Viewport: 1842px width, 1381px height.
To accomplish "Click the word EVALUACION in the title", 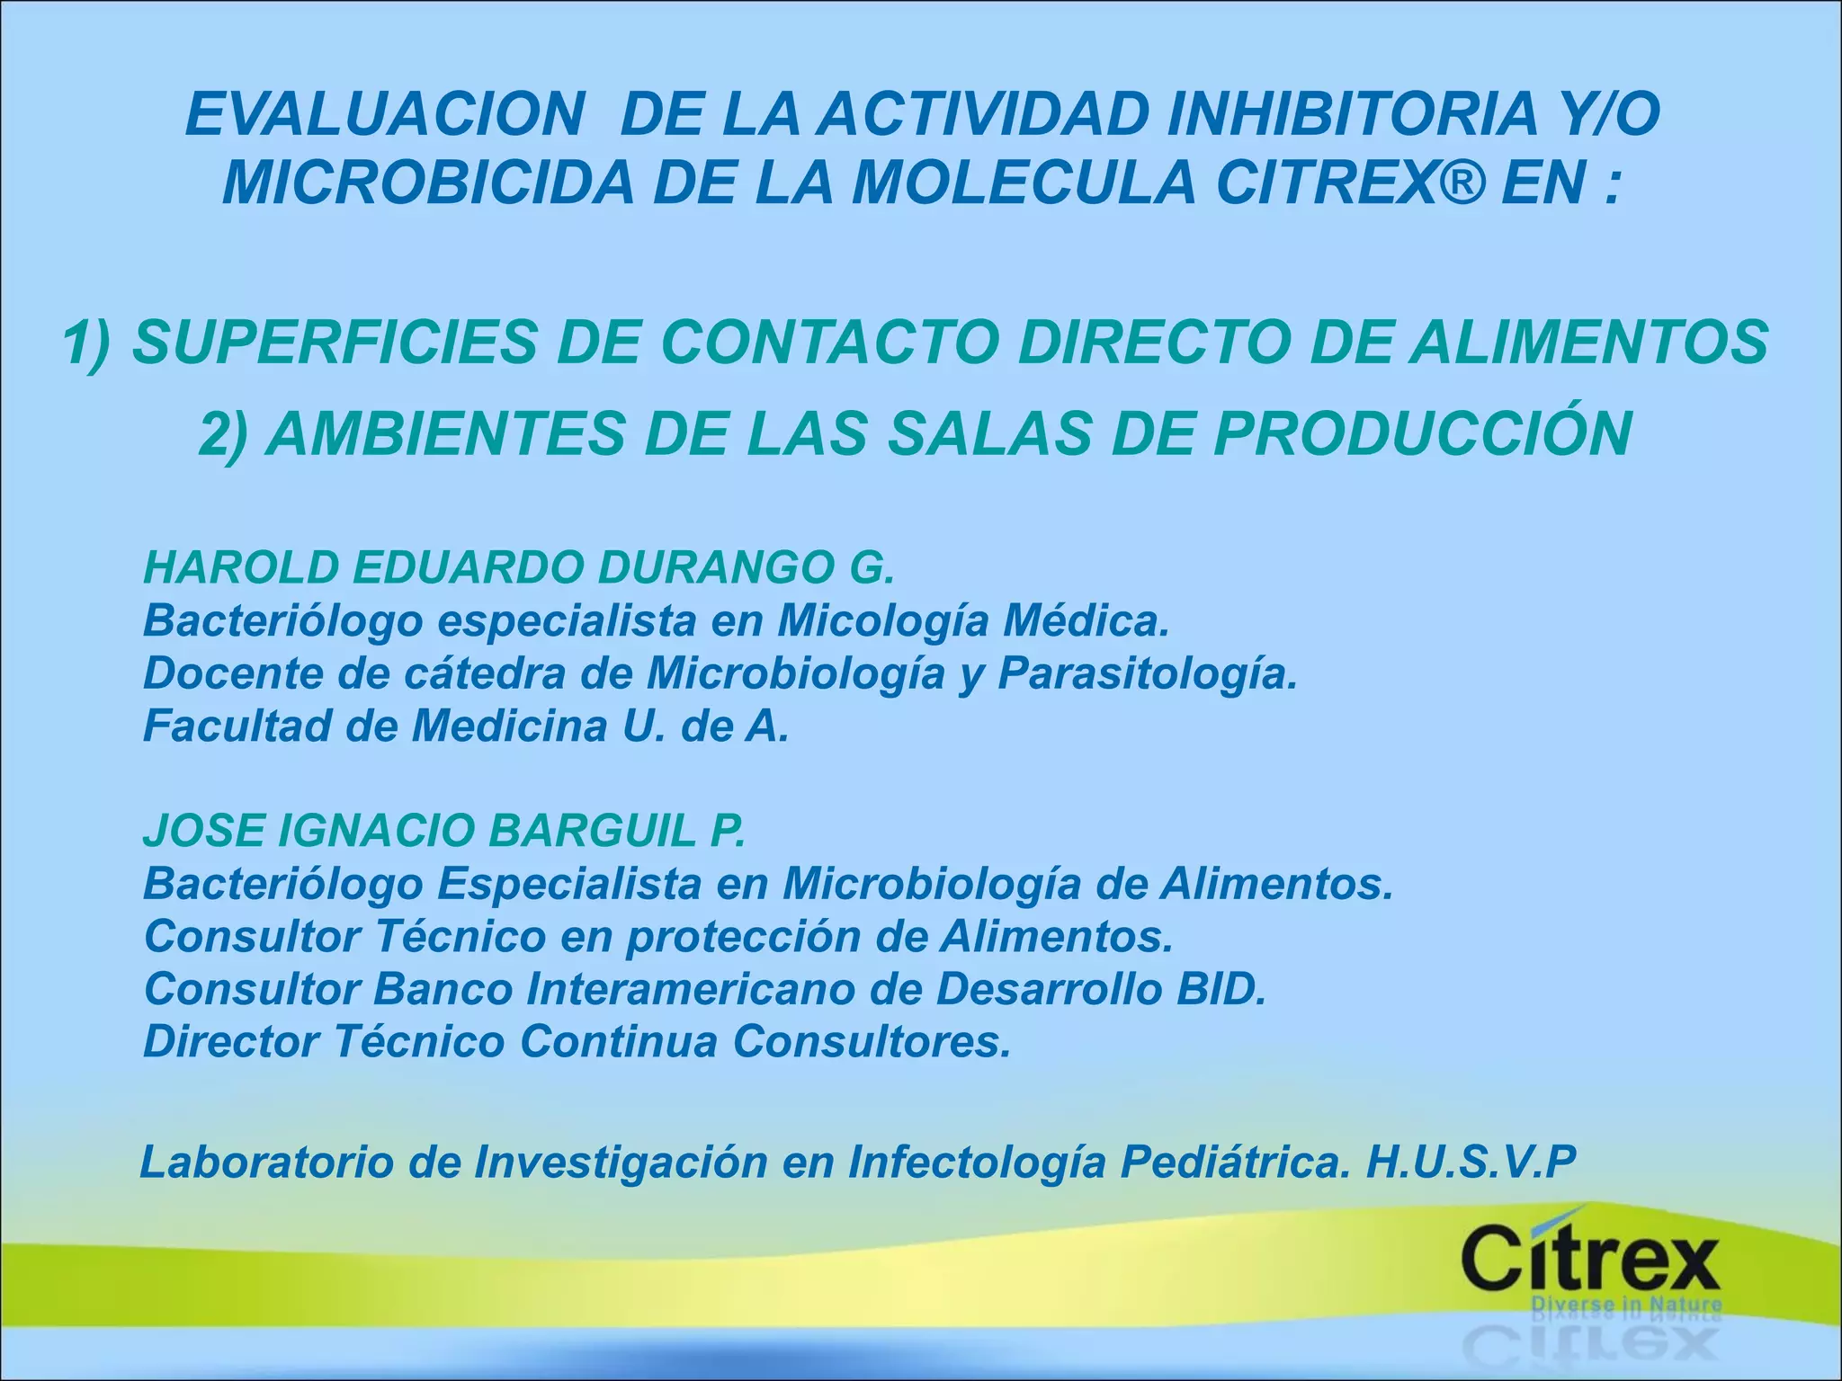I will (385, 115).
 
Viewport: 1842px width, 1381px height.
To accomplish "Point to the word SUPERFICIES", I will (335, 343).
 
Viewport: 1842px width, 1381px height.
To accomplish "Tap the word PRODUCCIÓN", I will (1423, 433).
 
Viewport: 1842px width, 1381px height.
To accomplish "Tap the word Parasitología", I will (1148, 673).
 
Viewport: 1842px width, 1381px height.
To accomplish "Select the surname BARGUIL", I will (592, 831).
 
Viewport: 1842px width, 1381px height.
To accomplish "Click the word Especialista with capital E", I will (569, 884).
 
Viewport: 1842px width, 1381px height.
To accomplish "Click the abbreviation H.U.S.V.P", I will (1471, 1162).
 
